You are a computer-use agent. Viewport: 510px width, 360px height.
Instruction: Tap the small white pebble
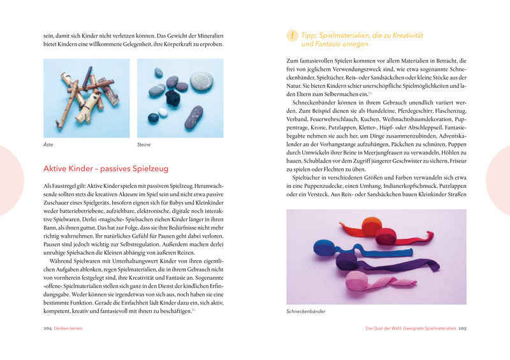(x=163, y=112)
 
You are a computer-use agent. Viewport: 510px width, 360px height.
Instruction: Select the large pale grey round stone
(x=201, y=81)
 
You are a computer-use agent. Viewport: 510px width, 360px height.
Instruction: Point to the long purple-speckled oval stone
(x=194, y=117)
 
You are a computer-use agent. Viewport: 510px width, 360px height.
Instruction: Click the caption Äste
(x=48, y=145)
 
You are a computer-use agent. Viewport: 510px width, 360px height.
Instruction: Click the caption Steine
(x=144, y=145)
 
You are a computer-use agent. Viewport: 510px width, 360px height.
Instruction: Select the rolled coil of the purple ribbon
(x=348, y=261)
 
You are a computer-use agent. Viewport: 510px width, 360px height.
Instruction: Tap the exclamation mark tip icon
(x=292, y=36)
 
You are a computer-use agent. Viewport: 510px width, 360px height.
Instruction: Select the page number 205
(x=462, y=328)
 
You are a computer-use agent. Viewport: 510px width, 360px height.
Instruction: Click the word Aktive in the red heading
(x=55, y=168)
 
